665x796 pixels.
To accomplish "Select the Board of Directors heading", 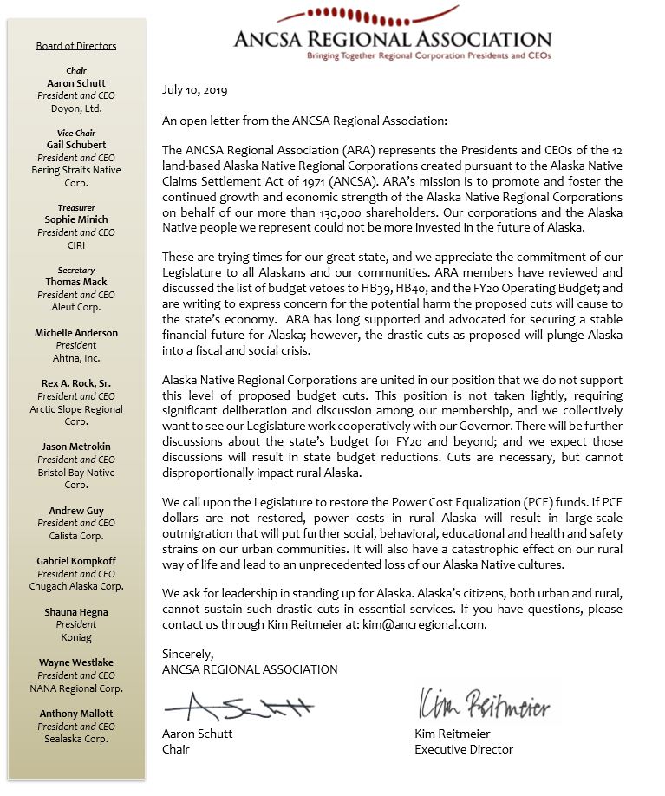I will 76,46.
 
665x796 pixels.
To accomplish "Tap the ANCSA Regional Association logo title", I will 392,38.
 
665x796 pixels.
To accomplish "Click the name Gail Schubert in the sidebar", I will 76,145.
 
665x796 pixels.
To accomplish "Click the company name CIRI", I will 76,245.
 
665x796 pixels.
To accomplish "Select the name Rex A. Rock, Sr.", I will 76,384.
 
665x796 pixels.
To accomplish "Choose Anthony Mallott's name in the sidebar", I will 76,714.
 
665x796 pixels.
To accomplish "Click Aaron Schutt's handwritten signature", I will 238,707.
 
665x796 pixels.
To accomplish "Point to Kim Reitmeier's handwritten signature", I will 483,704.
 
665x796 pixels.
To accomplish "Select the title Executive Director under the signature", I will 464,749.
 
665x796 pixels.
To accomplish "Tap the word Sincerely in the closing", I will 187,655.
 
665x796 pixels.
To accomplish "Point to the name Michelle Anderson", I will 76,333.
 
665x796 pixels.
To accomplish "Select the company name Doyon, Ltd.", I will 76,108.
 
